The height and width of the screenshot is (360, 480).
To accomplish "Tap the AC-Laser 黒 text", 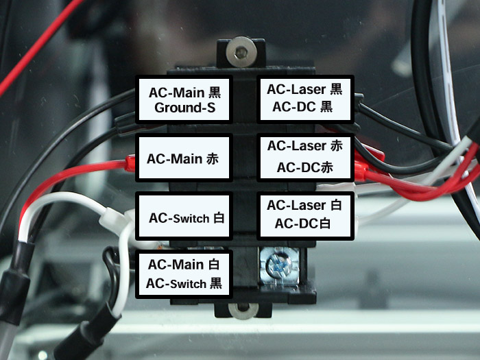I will pos(304,88).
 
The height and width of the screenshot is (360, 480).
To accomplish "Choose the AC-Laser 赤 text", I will pos(304,145).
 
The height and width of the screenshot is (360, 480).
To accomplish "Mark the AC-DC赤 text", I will pos(304,167).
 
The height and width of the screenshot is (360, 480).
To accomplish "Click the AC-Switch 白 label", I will pos(186,218).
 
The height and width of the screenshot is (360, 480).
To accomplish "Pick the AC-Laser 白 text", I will pos(304,205).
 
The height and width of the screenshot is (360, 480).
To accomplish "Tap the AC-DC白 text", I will pos(304,224).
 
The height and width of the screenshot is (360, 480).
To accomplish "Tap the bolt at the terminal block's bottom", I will pos(241,313).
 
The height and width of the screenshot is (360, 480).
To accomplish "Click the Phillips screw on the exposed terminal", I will pos(278,264).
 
